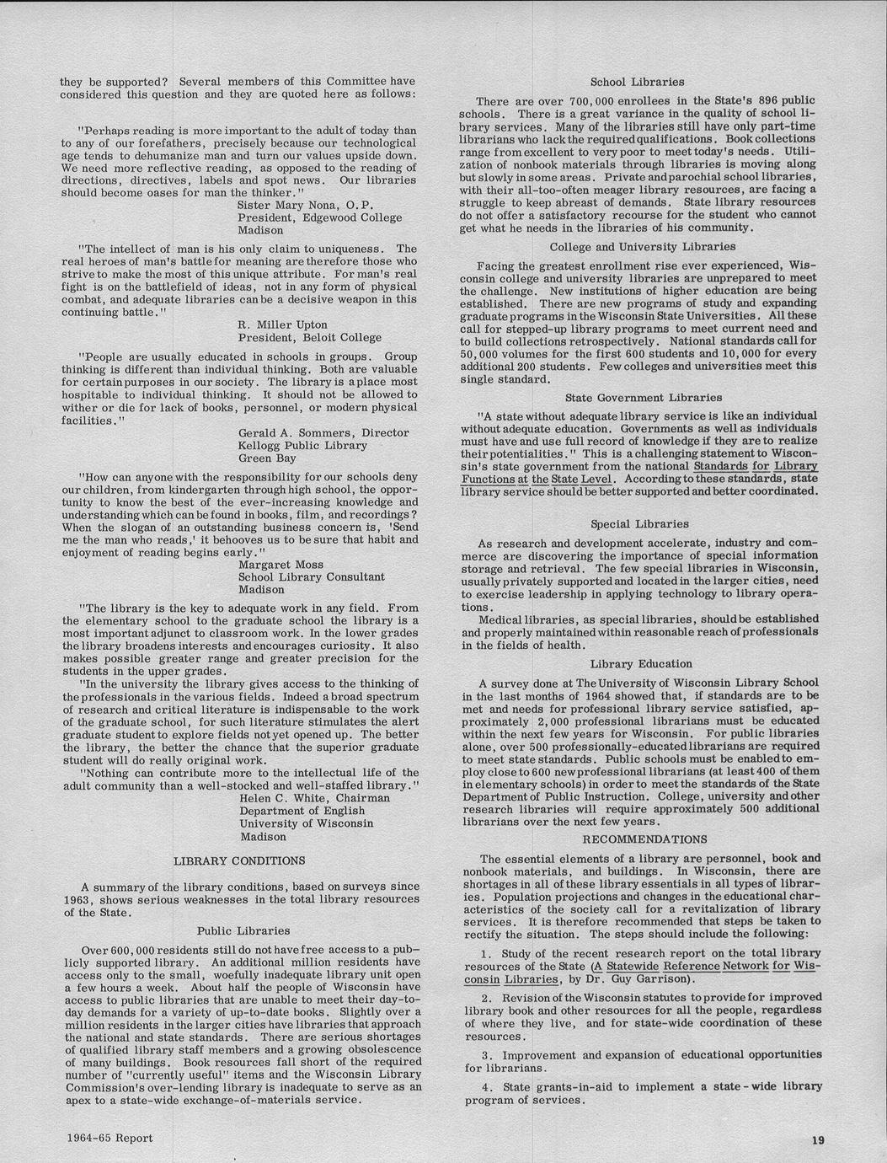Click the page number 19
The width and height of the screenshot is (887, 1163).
(817, 1139)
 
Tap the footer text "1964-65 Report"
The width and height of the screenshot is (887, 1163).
(110, 1138)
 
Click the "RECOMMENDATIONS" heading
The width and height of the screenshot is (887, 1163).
(645, 839)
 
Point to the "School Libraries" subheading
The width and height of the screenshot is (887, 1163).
(637, 82)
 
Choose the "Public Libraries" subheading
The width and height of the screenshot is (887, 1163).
(243, 930)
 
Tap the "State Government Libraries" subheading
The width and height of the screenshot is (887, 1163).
(643, 397)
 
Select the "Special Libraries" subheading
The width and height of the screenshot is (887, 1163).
(639, 523)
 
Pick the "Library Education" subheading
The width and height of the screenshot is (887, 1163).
(641, 664)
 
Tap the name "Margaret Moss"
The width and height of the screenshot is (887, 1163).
(281, 564)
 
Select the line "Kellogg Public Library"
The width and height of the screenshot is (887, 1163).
(302, 445)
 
